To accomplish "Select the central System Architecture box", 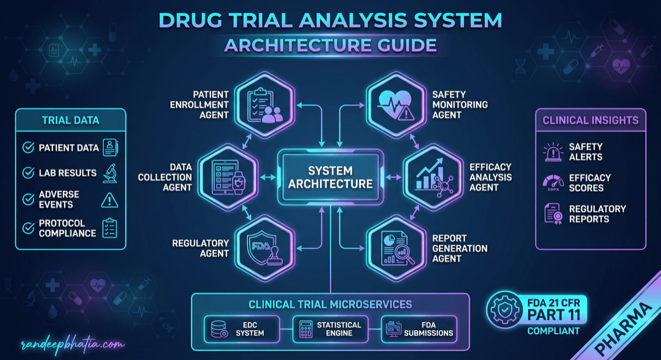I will [330, 177].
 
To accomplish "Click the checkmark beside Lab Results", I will [28, 173].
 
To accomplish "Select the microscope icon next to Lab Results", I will [110, 173].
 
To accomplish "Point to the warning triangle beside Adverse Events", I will [110, 200].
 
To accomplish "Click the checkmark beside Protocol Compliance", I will [28, 228].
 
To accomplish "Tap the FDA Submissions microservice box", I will [419, 329].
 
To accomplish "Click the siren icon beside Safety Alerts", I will [552, 152].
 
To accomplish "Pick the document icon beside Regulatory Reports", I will [552, 214].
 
